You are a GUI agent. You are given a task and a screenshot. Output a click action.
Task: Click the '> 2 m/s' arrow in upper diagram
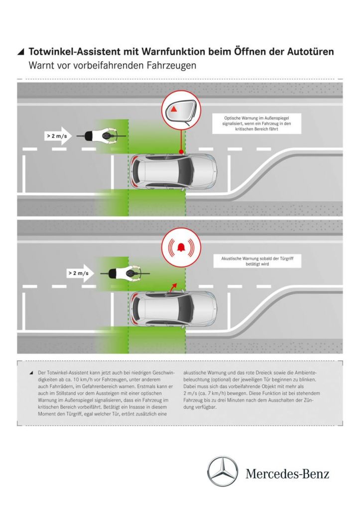point(58,135)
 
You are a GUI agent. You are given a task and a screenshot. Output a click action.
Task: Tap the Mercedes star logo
point(223,471)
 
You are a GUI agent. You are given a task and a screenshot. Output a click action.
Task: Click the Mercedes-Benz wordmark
point(287,473)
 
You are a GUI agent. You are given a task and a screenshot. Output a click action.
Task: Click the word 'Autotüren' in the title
point(308,52)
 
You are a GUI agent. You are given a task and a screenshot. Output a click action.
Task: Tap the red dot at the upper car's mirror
point(181,151)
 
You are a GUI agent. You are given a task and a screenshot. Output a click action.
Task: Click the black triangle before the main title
point(20,52)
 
